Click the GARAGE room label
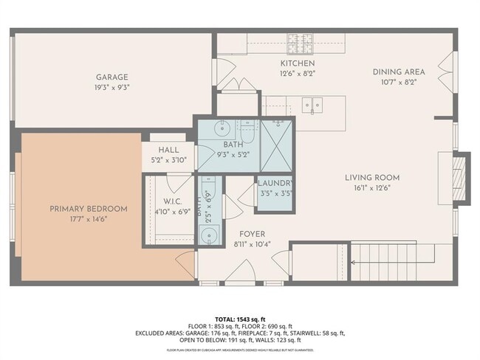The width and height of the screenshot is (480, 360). point(112,77)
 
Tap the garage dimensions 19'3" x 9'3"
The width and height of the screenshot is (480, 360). point(112,87)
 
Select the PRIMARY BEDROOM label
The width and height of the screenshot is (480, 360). point(88,209)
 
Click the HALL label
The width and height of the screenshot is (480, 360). point(169,150)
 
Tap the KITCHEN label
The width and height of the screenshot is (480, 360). point(276,63)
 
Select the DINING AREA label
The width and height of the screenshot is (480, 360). point(399,72)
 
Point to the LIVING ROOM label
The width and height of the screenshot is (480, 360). point(372,177)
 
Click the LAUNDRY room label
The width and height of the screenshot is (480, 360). point(275,184)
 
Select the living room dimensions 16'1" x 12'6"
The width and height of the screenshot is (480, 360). point(372,187)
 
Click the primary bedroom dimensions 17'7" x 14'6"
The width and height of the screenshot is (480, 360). point(88,219)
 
